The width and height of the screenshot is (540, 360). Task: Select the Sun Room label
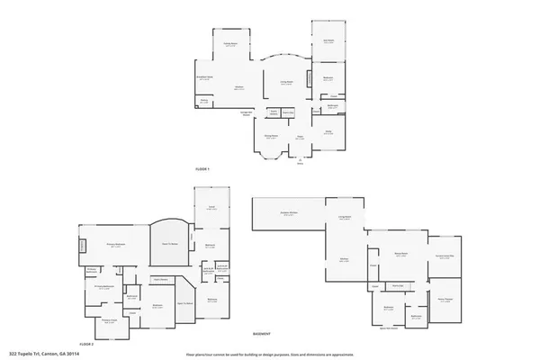[328, 40]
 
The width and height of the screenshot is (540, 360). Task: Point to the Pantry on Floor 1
[204, 102]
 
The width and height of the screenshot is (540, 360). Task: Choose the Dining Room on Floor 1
[270, 136]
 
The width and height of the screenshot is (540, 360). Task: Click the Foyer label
[300, 137]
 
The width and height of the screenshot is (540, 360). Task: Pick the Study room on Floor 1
[328, 132]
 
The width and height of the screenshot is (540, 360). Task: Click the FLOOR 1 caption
[202, 169]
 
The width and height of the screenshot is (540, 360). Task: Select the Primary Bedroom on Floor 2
[115, 244]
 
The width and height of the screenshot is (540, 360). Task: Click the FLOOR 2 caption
[86, 344]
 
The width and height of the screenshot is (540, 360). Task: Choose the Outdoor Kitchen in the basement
[289, 212]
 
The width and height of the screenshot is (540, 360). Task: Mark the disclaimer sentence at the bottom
[269, 354]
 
